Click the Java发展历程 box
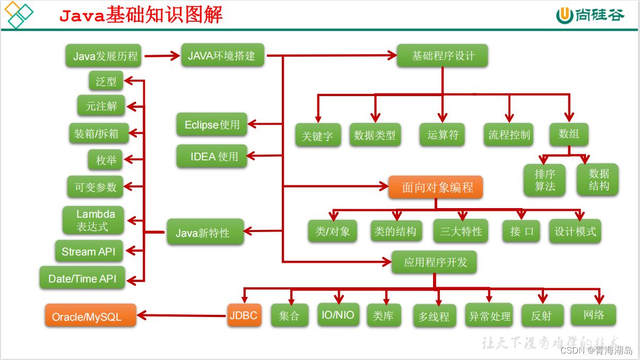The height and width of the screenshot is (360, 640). click(x=103, y=56)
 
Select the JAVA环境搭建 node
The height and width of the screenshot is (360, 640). click(x=222, y=55)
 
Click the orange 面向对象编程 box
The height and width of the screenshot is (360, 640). click(x=436, y=187)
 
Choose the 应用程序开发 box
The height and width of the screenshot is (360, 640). click(x=435, y=262)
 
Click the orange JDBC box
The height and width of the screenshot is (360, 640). click(x=244, y=315)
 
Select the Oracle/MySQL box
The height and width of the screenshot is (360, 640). click(x=90, y=316)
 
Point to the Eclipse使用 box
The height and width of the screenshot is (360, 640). click(x=212, y=125)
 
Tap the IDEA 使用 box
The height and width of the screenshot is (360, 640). click(x=212, y=157)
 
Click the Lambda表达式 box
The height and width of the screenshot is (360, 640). click(x=93, y=220)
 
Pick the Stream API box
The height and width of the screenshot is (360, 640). click(x=89, y=251)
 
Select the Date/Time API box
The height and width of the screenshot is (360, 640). click(x=82, y=278)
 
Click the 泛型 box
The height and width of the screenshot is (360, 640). click(x=106, y=81)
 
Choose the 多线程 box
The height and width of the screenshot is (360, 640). click(x=434, y=316)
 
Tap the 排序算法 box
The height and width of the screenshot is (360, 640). click(x=544, y=180)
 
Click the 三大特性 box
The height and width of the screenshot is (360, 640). click(x=461, y=232)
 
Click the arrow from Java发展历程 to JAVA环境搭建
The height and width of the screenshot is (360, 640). click(x=162, y=55)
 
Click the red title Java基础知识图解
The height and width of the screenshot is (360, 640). click(x=141, y=15)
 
